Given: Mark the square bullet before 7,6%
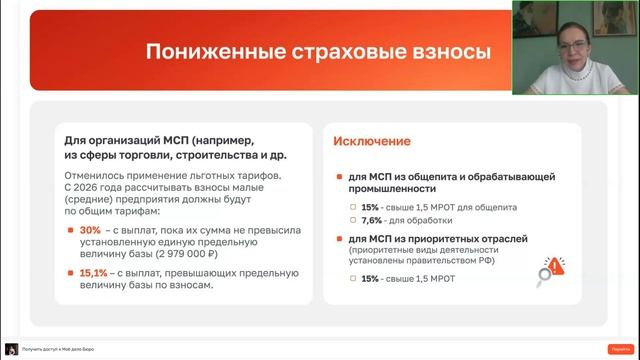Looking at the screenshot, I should [x=352, y=220].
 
